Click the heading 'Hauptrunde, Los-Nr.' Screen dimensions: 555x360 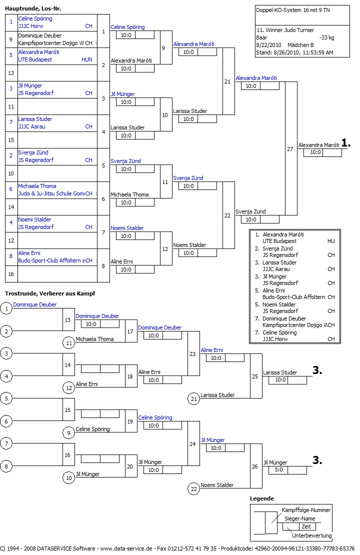pyautogui.click(x=32, y=8)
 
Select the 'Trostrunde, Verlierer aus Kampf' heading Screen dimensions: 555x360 pyautogui.click(x=50, y=293)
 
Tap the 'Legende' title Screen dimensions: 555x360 pyautogui.click(x=262, y=498)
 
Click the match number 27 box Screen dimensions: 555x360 pyautogui.click(x=290, y=149)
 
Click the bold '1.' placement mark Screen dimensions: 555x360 pyautogui.click(x=346, y=143)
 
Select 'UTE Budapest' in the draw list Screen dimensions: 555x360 pyautogui.click(x=35, y=59)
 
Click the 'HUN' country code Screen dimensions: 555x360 pyautogui.click(x=86, y=59)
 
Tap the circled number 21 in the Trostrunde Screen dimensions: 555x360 pyautogui.click(x=193, y=398)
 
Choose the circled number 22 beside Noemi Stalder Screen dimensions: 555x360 pyautogui.click(x=193, y=488)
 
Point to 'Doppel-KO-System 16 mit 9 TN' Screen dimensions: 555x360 pyautogui.click(x=289, y=10)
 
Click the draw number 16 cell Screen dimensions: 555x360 pyautogui.click(x=11, y=274)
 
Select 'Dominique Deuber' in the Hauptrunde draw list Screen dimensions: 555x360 pyautogui.click(x=40, y=36)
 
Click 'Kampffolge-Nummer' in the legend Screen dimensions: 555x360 pyautogui.click(x=306, y=510)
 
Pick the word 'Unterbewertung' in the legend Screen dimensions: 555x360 pyautogui.click(x=311, y=535)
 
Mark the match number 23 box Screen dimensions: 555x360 pyautogui.click(x=193, y=353)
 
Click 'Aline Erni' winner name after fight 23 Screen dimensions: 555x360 pyautogui.click(x=211, y=350)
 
